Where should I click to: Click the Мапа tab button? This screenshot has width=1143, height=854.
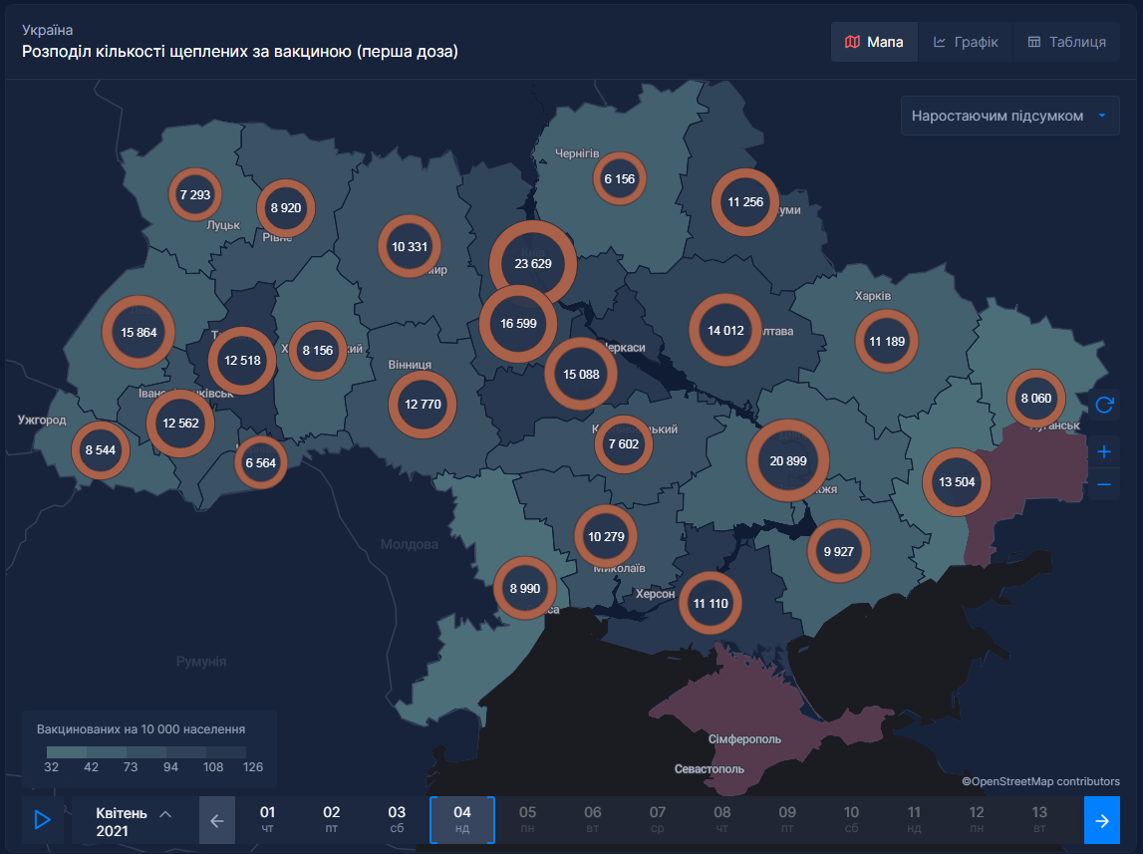[874, 42]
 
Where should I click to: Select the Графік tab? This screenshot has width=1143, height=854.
[966, 42]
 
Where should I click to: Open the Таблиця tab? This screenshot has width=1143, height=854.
[1066, 42]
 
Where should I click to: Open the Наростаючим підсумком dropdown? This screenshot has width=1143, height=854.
[1009, 116]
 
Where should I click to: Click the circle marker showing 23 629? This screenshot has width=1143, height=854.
[533, 264]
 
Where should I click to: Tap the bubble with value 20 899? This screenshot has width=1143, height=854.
[788, 460]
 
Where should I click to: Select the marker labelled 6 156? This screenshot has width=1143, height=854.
[619, 179]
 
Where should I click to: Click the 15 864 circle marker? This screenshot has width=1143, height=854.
[139, 332]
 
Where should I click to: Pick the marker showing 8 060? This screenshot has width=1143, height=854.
[1035, 398]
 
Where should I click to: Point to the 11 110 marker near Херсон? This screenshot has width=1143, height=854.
[711, 603]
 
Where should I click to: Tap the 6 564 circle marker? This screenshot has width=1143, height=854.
[260, 462]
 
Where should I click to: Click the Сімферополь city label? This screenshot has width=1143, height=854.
[744, 739]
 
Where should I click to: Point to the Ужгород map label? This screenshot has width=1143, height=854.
[42, 421]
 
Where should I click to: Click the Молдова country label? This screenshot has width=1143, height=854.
[409, 545]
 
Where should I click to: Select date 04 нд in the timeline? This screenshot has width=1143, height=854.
[462, 819]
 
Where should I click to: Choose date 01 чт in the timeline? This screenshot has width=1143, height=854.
[267, 819]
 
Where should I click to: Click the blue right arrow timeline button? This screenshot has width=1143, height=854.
[1101, 820]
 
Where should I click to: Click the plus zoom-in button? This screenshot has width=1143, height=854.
[1103, 451]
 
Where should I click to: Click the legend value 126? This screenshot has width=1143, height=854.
[253, 767]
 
